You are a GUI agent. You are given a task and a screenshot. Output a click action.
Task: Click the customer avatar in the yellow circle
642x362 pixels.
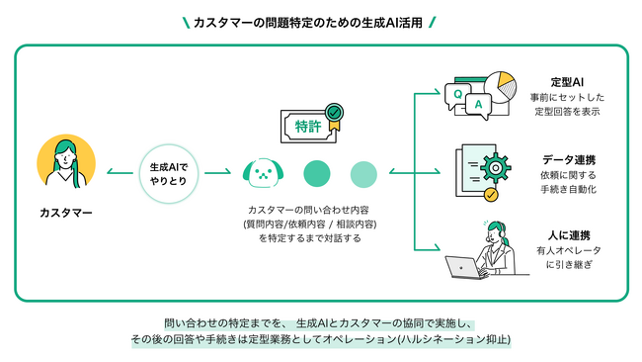66,166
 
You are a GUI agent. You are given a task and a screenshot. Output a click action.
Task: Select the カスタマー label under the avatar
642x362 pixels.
66,213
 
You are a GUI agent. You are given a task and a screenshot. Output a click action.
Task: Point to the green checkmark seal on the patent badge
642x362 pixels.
337,113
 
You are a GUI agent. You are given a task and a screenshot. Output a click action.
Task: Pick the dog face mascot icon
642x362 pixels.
263,174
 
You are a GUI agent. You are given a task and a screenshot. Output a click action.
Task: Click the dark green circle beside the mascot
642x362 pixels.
317,174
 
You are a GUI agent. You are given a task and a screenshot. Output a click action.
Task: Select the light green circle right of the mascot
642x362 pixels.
363,174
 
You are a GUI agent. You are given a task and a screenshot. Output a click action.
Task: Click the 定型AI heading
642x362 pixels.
568,80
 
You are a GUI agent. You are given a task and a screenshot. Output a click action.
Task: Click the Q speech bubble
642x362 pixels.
456,94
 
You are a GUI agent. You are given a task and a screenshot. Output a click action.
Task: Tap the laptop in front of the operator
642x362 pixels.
462,267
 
